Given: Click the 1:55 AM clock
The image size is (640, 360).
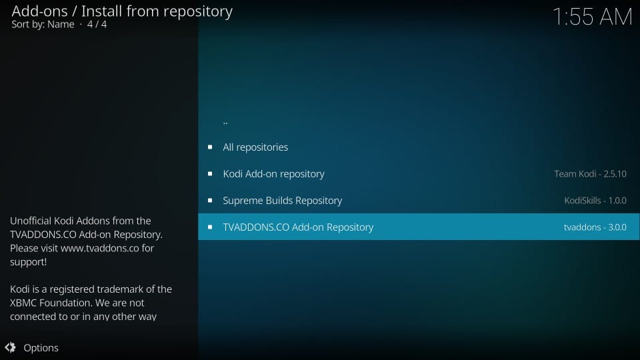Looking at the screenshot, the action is pyautogui.click(x=592, y=17).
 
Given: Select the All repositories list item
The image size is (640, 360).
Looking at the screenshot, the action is pyautogui.click(x=255, y=147).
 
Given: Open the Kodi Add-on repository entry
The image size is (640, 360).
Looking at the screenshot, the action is pyautogui.click(x=273, y=174).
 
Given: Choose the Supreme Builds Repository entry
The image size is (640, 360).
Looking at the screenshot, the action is pyautogui.click(x=283, y=201).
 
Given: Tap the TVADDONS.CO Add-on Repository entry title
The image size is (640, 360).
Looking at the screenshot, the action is pyautogui.click(x=298, y=227).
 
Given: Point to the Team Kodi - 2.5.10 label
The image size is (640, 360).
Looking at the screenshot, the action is pyautogui.click(x=590, y=174).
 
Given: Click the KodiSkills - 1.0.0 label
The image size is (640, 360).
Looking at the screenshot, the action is pyautogui.click(x=595, y=201).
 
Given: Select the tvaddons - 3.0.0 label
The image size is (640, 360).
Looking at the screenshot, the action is pyautogui.click(x=595, y=227).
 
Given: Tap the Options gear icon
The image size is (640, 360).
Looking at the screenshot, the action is pyautogui.click(x=10, y=347).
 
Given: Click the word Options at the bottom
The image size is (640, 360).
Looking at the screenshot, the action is pyautogui.click(x=41, y=348).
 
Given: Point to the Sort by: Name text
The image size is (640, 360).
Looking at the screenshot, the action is pyautogui.click(x=43, y=25).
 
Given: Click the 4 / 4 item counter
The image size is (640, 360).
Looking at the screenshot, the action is pyautogui.click(x=97, y=25).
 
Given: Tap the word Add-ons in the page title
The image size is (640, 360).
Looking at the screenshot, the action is pyautogui.click(x=39, y=11).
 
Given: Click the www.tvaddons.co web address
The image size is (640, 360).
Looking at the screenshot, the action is pyautogui.click(x=99, y=248).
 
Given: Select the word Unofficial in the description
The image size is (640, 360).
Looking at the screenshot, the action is pyautogui.click(x=31, y=221).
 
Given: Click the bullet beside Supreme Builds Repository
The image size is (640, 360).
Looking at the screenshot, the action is pyautogui.click(x=210, y=201).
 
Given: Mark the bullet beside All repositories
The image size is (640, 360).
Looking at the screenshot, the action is pyautogui.click(x=210, y=147).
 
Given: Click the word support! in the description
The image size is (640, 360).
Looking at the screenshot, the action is pyautogui.click(x=29, y=262).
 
